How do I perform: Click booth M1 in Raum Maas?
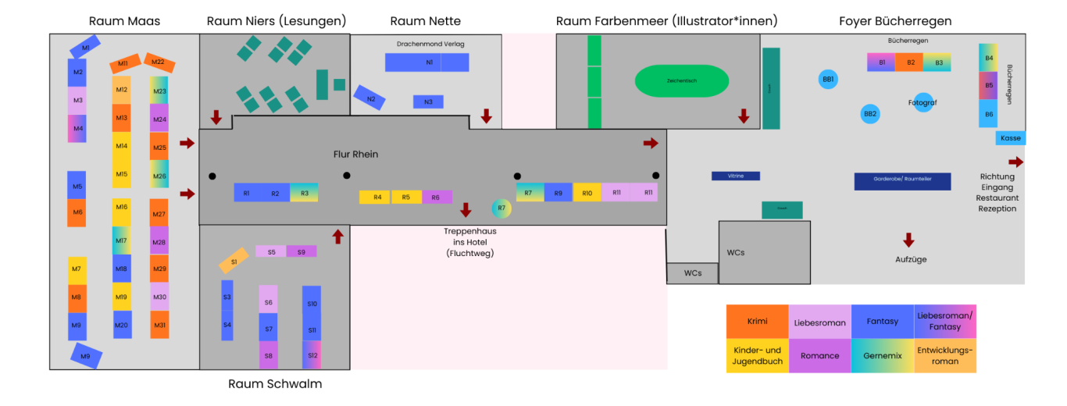[85, 48]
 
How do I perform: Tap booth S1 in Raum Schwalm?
[234, 261]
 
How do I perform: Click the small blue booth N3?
[428, 101]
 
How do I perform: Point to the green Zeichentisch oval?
[682, 80]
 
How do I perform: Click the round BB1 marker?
[828, 79]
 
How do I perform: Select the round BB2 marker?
[870, 114]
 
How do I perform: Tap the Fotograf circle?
[923, 102]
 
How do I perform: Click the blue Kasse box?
[1010, 138]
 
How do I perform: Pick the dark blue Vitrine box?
[735, 176]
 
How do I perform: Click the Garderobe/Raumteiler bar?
[902, 182]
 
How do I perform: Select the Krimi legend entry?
[757, 321]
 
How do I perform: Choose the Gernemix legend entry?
[883, 355]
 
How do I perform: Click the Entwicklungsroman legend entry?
[945, 355]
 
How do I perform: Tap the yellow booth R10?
[587, 192]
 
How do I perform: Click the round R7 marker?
[501, 208]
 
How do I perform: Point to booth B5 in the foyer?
[988, 85]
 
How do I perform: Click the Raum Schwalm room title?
[275, 383]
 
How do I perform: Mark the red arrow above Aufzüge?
[908, 240]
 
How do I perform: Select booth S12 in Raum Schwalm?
[312, 354]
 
